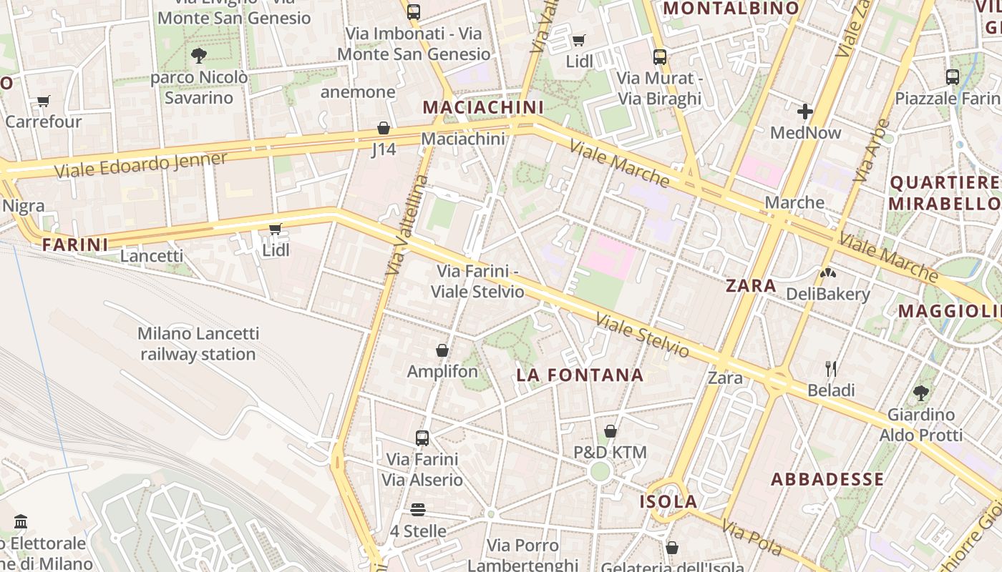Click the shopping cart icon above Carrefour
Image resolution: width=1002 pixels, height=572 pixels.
(x=44, y=101)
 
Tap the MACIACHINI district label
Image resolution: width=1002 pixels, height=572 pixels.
(x=483, y=107)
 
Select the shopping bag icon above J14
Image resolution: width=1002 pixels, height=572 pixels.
(x=384, y=129)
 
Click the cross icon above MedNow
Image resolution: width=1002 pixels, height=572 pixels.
(x=805, y=112)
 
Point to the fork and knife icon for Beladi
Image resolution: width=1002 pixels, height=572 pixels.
(x=831, y=369)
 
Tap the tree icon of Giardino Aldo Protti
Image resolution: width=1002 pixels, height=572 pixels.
(x=921, y=393)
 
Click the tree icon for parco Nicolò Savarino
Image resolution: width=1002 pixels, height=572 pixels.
(x=199, y=55)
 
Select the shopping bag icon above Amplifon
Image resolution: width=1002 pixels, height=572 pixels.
(x=442, y=350)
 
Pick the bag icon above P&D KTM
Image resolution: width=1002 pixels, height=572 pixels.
(x=611, y=431)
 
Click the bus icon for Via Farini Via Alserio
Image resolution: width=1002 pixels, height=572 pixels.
(x=422, y=438)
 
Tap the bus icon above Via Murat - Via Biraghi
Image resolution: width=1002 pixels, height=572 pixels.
(x=660, y=56)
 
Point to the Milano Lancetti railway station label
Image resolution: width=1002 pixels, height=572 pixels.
(x=198, y=344)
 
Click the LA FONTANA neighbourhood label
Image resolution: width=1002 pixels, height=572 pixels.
(x=580, y=375)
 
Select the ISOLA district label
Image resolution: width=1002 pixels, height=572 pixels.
(x=668, y=502)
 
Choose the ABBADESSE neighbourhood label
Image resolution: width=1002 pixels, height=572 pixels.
(x=827, y=479)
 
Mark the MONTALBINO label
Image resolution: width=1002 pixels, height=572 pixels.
(x=731, y=9)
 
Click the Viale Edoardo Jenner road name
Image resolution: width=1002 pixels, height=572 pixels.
(x=141, y=165)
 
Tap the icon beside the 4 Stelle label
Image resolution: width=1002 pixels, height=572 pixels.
(x=418, y=510)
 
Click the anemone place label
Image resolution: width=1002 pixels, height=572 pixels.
(x=358, y=92)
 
